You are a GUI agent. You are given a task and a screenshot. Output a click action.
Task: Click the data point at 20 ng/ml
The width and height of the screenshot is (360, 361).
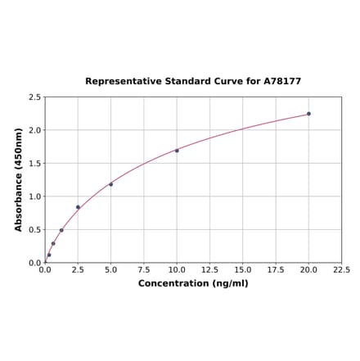tap(308, 114)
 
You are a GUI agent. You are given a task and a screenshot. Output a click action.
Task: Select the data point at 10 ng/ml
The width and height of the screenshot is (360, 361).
tap(177, 151)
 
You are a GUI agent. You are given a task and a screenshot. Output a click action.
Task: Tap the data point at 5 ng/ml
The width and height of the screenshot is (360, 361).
tap(110, 184)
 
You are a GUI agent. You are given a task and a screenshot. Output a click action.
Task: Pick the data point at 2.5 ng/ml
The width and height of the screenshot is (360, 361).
tap(78, 207)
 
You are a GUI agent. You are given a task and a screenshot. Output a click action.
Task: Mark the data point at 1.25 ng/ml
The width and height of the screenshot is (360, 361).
tap(61, 230)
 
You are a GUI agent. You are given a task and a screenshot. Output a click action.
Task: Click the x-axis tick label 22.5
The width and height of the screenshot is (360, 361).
tap(341, 269)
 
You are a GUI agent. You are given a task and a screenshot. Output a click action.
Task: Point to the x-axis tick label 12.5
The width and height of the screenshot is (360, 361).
tap(209, 269)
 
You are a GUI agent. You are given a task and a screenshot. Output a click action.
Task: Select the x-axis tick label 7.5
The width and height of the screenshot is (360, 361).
tap(144, 269)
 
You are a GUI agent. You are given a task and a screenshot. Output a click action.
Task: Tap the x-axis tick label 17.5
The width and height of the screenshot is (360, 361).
tap(276, 269)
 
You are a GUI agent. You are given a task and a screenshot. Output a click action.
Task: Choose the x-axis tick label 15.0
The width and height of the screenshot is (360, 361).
tap(243, 269)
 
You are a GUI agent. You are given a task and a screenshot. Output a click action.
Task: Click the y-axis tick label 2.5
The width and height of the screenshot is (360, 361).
tap(35, 97)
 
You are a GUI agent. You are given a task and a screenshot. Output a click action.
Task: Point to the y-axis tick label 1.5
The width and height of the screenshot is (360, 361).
tap(35, 164)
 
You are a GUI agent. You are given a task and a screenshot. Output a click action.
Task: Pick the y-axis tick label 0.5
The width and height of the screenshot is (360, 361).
tap(35, 230)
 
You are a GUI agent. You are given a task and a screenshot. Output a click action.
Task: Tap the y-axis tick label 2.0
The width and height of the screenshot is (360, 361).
tap(35, 131)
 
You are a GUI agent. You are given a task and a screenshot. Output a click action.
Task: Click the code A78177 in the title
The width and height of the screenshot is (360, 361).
tap(281, 82)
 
